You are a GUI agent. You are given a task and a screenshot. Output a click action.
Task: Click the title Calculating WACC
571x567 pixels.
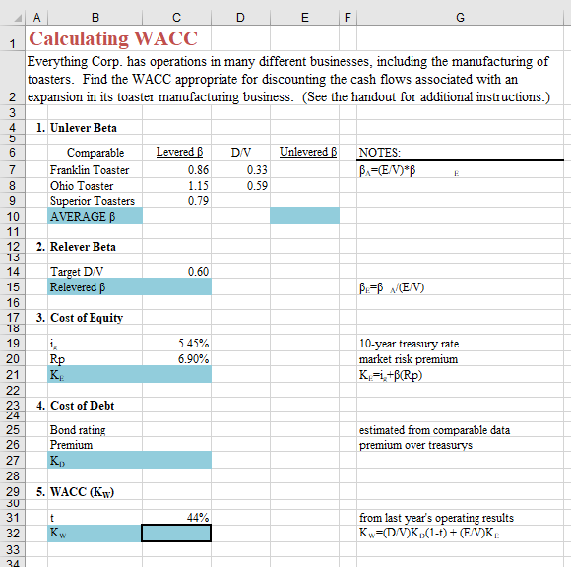113,39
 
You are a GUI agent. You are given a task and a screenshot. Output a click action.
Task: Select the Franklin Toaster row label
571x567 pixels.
90,169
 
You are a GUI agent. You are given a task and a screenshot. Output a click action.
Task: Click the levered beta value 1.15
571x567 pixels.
197,185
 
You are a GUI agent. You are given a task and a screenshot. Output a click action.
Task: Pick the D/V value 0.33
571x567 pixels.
257,169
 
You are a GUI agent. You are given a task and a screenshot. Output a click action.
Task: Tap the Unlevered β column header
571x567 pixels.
308,153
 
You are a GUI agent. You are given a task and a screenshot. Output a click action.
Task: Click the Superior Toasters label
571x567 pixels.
93,201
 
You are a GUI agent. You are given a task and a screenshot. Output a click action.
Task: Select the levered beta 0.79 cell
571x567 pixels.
197,201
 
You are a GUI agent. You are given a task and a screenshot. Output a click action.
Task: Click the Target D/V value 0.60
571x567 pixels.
197,271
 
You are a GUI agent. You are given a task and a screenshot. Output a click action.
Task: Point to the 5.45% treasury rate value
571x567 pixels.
193,344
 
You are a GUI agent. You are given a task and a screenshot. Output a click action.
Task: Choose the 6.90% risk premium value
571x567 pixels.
193,359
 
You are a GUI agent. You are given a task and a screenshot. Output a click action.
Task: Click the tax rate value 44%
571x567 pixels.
197,517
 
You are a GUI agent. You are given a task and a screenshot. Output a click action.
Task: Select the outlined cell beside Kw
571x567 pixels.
176,534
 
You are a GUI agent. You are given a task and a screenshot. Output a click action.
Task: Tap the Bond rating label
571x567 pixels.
78,430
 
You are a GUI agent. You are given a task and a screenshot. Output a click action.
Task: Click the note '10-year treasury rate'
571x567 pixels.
409,344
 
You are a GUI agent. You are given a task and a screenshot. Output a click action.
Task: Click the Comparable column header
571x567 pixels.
95,153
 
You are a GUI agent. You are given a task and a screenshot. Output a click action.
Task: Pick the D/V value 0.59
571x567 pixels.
257,185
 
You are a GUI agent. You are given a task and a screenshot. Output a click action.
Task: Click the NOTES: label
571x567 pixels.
379,153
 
